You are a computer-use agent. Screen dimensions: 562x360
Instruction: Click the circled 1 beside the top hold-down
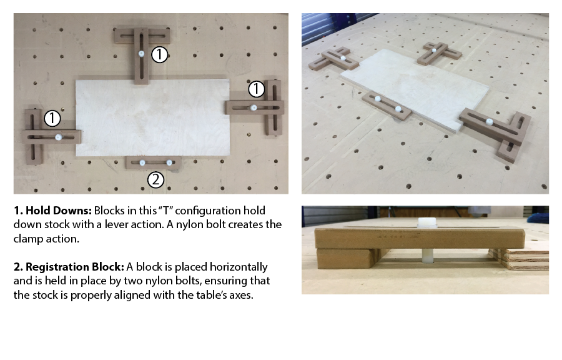click(x=159, y=54)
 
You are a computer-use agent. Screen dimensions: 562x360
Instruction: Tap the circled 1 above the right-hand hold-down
click(x=256, y=89)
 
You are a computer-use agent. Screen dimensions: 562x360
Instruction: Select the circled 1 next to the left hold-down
click(x=52, y=118)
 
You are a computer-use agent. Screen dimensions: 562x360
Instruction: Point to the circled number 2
click(x=156, y=179)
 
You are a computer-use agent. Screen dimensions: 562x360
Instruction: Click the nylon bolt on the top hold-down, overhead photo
click(x=142, y=54)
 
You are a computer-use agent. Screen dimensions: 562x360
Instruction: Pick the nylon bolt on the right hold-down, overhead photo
click(x=254, y=107)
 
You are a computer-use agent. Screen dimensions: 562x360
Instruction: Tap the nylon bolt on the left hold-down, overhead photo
click(x=59, y=137)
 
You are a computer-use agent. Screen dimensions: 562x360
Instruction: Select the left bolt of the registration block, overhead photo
click(x=142, y=162)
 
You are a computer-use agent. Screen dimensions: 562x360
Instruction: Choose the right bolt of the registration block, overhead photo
click(x=169, y=162)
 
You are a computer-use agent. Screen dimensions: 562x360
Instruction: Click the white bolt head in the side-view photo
click(x=427, y=222)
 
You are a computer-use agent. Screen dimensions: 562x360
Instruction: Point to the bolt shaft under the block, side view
click(x=428, y=256)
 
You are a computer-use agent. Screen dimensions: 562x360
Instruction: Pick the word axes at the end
click(x=243, y=295)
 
